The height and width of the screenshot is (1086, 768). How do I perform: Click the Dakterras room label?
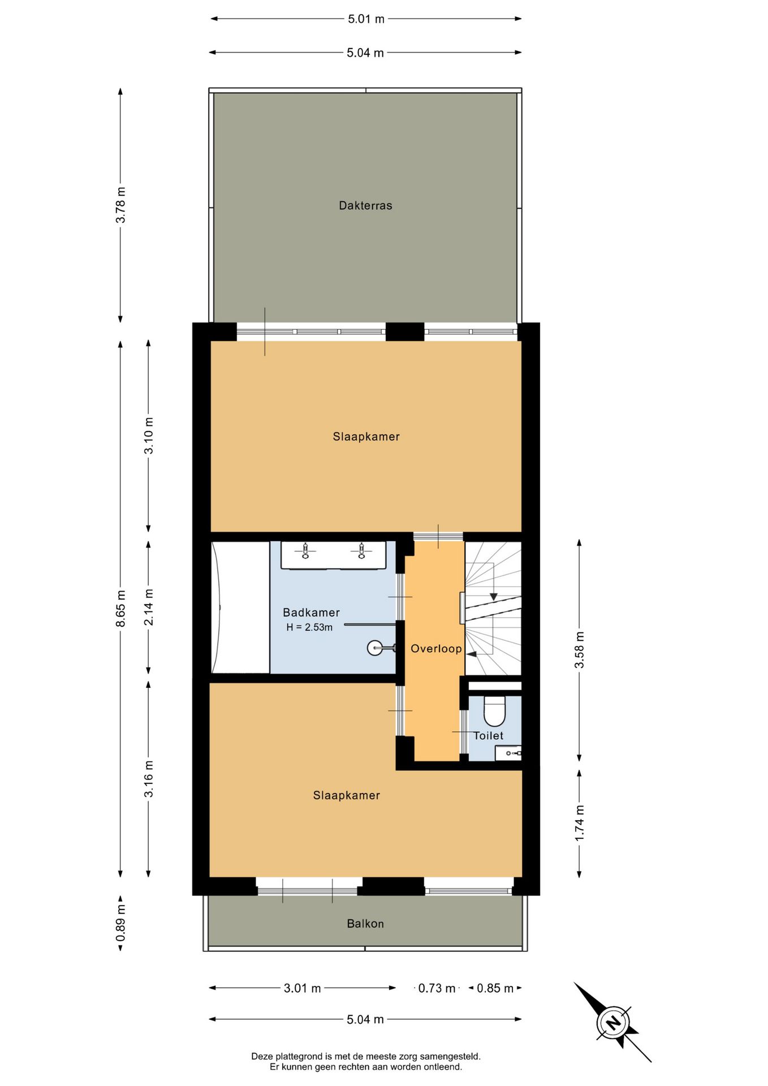click(x=365, y=205)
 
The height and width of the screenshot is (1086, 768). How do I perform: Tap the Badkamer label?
click(x=311, y=612)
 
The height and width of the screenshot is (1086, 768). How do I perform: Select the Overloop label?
click(x=436, y=648)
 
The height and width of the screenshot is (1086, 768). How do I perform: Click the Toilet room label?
click(x=488, y=735)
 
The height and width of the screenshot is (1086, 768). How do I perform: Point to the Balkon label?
click(x=365, y=924)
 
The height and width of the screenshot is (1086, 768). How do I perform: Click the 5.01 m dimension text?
click(x=366, y=19)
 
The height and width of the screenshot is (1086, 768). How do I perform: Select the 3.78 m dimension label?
click(x=120, y=205)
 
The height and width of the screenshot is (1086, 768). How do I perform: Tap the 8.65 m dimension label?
click(x=120, y=608)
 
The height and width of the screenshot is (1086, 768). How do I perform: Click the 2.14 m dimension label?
click(x=149, y=607)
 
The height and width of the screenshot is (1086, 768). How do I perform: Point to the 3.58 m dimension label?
click(x=580, y=650)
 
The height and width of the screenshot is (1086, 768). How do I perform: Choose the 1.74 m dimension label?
click(x=580, y=823)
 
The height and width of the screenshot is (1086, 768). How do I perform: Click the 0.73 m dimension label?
click(x=437, y=988)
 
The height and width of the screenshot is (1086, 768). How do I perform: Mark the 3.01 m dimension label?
click(x=302, y=988)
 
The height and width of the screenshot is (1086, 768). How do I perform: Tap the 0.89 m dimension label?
click(x=120, y=923)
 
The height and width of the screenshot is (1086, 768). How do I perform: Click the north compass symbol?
click(x=612, y=1022)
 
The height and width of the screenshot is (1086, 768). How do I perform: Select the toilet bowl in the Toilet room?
click(x=494, y=711)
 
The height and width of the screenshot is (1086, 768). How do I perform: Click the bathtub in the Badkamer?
click(x=240, y=607)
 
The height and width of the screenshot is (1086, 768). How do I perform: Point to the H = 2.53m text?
click(x=309, y=627)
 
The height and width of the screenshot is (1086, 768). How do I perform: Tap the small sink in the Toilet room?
click(x=508, y=753)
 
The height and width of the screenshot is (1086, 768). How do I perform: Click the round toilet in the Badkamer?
click(x=375, y=648)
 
